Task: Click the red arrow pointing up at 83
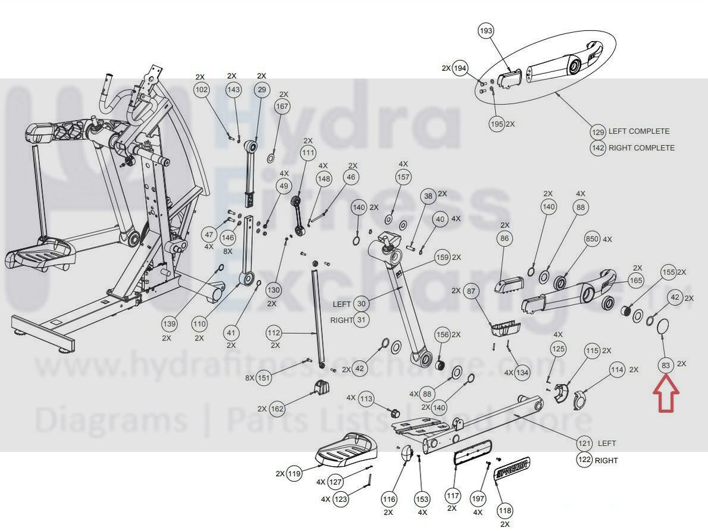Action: (666, 398)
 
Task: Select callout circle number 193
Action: (486, 31)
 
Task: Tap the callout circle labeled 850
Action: (591, 239)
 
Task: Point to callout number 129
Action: (598, 132)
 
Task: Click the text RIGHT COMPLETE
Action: (641, 148)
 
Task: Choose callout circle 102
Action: (202, 90)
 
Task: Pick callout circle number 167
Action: (282, 107)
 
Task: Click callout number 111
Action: (308, 153)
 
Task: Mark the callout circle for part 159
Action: (442, 258)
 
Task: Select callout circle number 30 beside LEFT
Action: (361, 304)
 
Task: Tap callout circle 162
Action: (277, 409)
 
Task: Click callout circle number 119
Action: (295, 474)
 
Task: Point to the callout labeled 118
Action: (505, 511)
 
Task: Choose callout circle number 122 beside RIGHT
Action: (584, 460)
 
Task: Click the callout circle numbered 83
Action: (665, 364)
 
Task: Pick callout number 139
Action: (170, 324)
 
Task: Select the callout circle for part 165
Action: (635, 280)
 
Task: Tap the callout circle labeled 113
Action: (366, 398)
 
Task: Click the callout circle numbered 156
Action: (442, 335)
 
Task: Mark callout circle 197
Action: (478, 498)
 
